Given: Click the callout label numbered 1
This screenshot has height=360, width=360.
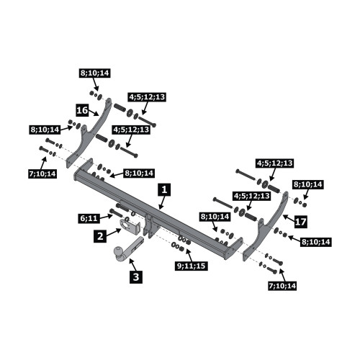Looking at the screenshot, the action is pyautogui.click(x=164, y=190).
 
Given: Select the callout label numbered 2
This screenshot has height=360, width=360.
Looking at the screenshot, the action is pyautogui.click(x=100, y=236).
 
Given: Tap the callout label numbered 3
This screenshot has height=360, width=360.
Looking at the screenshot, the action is pyautogui.click(x=136, y=277).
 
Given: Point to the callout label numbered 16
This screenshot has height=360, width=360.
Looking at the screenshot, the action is pyautogui.click(x=82, y=110).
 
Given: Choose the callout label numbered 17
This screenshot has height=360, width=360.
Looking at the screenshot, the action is pyautogui.click(x=300, y=221).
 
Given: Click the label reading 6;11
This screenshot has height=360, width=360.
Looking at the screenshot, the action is pyautogui.click(x=89, y=218).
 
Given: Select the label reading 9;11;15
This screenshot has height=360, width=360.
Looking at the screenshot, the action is pyautogui.click(x=192, y=266).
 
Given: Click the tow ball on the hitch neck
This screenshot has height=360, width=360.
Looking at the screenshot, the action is pyautogui.click(x=119, y=251).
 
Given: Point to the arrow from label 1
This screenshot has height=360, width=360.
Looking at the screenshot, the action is pyautogui.click(x=162, y=202).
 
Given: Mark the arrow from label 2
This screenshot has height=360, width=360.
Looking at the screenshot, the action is pyautogui.click(x=114, y=232).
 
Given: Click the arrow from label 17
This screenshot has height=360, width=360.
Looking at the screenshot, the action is pyautogui.click(x=289, y=217).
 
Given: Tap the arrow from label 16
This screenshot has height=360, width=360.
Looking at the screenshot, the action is pyautogui.click(x=94, y=113).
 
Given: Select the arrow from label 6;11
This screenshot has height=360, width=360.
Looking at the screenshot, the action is pyautogui.click(x=107, y=217).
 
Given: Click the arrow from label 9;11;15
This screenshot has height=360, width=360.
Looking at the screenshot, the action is pyautogui.click(x=189, y=255).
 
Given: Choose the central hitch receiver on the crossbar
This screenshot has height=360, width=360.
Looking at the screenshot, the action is pyautogui.click(x=150, y=225).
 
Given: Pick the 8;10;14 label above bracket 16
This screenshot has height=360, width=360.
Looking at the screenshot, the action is pyautogui.click(x=95, y=73).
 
